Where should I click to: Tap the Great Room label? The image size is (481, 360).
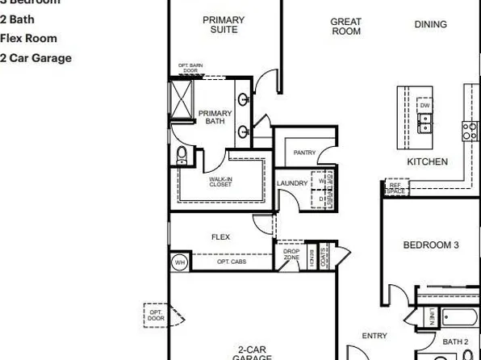point(345,27)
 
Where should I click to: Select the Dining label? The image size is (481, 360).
point(430,24)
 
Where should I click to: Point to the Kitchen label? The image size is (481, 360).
point(426,162)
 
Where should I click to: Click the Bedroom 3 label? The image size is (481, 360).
point(431,245)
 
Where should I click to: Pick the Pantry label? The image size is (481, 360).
point(304,152)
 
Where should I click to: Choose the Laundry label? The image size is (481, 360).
point(292,183)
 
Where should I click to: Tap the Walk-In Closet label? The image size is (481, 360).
point(220,182)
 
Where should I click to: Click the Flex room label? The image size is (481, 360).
point(220,237)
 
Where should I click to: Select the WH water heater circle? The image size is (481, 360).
point(179,262)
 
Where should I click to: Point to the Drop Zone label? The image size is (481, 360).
point(291,254)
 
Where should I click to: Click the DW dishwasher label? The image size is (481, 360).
point(425,106)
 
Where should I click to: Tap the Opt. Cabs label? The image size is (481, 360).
point(232,262)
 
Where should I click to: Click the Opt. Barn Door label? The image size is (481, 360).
point(188,68)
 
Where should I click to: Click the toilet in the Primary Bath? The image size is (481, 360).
point(182,155)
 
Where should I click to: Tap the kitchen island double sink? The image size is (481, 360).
point(424,123)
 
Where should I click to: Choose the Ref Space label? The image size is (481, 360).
point(395,188)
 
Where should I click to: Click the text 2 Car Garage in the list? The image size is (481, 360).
point(36,58)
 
